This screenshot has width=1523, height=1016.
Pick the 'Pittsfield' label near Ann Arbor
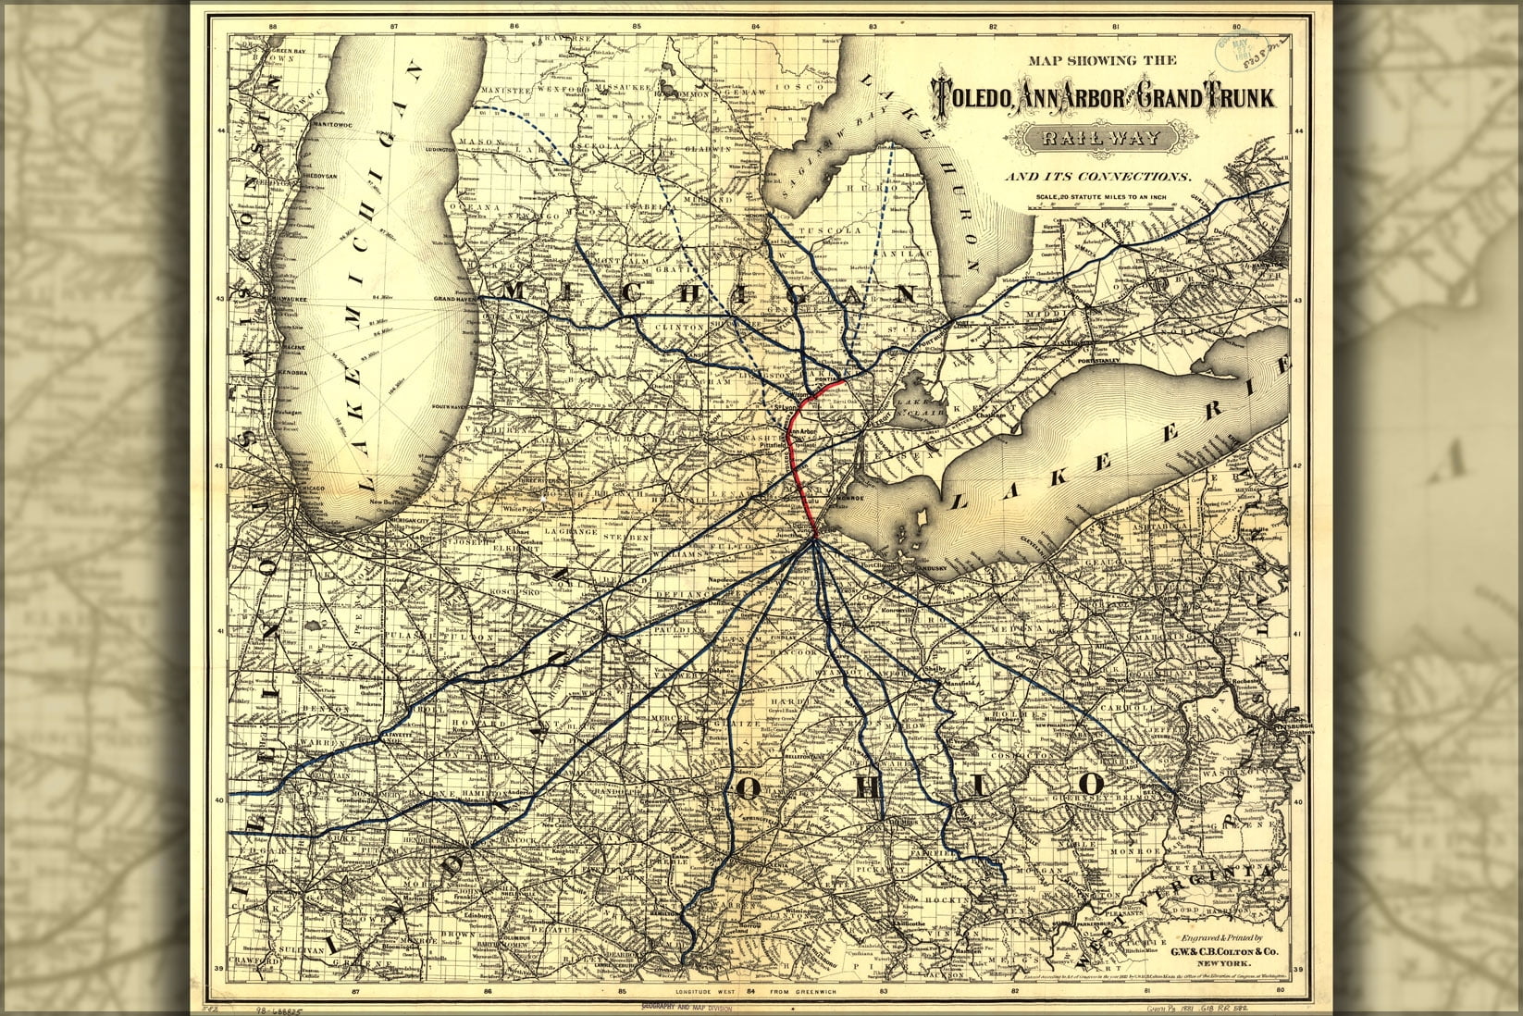click(x=772, y=444)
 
